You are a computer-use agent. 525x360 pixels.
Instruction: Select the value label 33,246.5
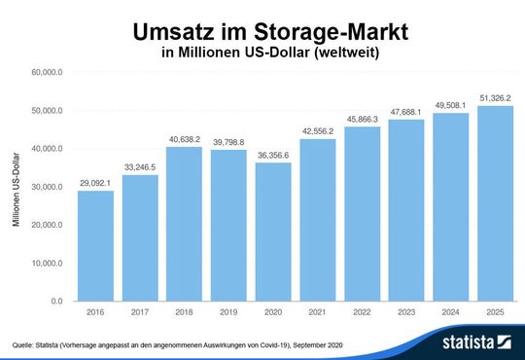140,166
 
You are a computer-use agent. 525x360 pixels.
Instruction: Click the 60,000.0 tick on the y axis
47,72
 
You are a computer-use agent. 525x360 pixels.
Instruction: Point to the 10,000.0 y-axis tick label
47,263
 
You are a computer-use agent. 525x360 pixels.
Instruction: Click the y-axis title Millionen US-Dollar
17,188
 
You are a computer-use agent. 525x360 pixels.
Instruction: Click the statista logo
477,342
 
